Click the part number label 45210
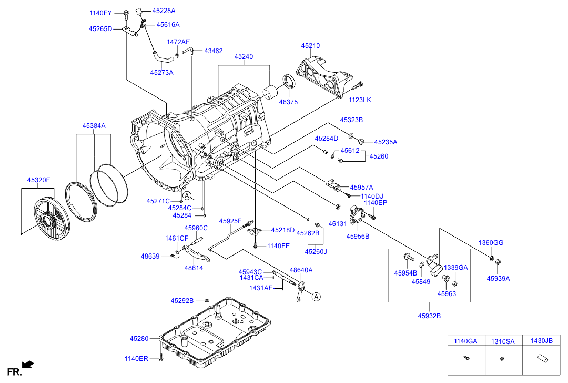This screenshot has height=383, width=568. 310,46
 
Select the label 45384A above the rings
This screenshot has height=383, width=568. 94,126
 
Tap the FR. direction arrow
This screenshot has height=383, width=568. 28,364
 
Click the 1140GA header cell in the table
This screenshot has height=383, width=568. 465,341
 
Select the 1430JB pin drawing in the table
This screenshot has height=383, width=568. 541,360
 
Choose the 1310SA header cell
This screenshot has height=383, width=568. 503,341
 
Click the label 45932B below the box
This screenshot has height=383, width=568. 429,316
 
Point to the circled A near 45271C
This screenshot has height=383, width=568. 188,195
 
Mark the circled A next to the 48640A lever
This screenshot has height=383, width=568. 316,297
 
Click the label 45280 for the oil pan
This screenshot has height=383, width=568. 139,338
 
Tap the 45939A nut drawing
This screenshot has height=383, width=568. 499,262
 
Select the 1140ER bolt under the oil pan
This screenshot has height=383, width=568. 161,358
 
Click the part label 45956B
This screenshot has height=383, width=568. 358,237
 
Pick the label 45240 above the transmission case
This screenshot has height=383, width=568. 244,56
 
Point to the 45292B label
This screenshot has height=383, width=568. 182,301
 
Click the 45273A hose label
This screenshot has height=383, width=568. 161,73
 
